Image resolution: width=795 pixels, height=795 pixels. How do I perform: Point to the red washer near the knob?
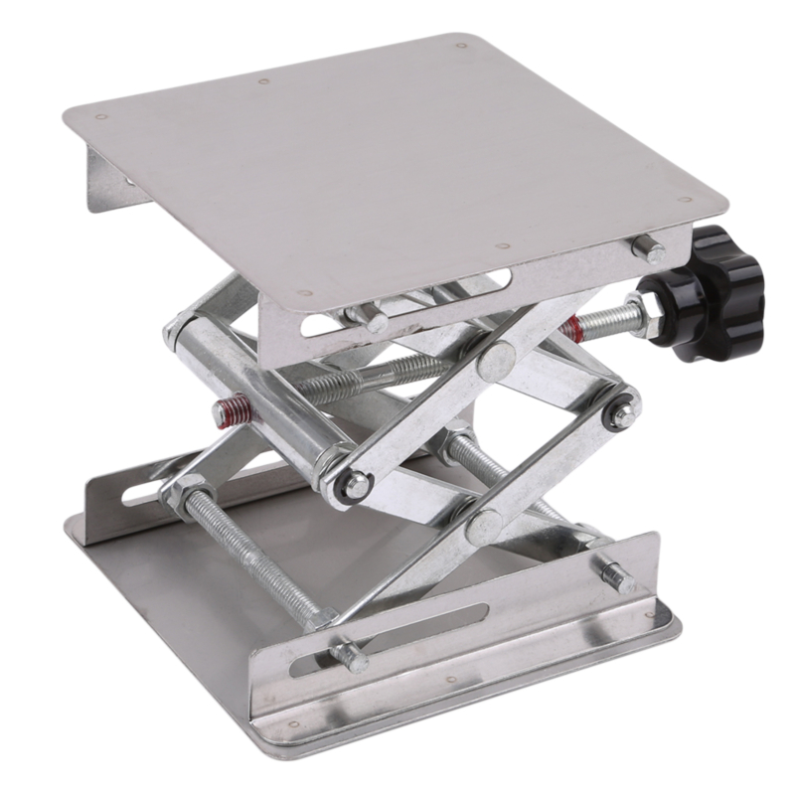click(570, 329)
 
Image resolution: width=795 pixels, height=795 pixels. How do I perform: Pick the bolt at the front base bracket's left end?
click(350, 656)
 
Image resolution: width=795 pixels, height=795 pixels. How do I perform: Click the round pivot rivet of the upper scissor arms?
click(496, 357)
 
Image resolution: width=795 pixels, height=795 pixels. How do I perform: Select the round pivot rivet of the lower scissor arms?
click(484, 523)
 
